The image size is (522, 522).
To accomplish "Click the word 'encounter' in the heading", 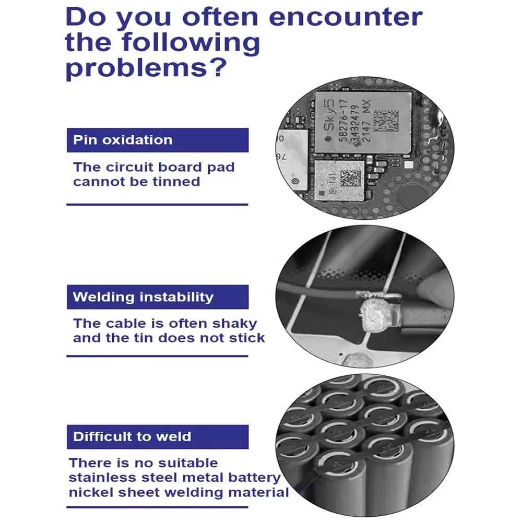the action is tap(345, 17).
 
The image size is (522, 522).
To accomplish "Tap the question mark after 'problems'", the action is tap(219, 67).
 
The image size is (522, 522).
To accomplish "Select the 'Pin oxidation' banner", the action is tap(158, 140).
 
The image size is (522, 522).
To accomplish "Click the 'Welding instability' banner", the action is tap(158, 297).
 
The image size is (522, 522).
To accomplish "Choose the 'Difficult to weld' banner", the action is tap(158, 437).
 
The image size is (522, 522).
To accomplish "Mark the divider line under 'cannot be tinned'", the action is tap(158, 205).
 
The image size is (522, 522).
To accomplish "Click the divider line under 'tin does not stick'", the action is tap(158, 356).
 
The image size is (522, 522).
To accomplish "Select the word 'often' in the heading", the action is tap(220, 17).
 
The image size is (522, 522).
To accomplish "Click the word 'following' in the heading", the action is tap(191, 43).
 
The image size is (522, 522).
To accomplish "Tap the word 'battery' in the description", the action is tap(254, 478).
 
